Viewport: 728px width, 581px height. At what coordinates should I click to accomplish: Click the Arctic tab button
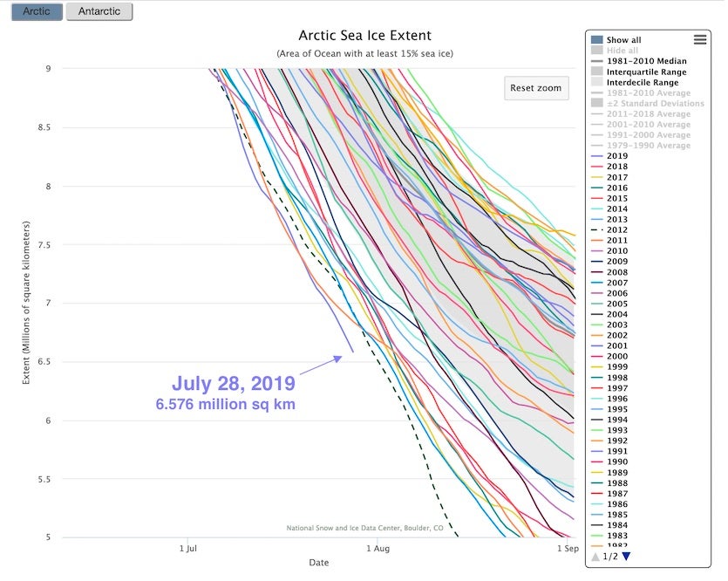[36, 11]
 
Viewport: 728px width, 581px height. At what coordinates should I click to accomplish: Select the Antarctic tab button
[99, 11]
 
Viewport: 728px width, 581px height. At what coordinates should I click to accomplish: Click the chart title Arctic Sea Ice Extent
[364, 36]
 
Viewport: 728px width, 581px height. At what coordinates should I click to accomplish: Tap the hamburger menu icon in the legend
[699, 39]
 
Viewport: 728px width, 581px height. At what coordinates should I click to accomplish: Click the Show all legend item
[623, 40]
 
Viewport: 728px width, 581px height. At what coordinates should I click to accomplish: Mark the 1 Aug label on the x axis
[378, 549]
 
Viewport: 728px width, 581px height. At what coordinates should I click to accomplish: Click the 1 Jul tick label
[187, 549]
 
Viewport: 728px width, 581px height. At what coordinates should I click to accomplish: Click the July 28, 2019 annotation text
[233, 383]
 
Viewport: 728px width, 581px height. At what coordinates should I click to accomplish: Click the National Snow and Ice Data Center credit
[364, 528]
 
